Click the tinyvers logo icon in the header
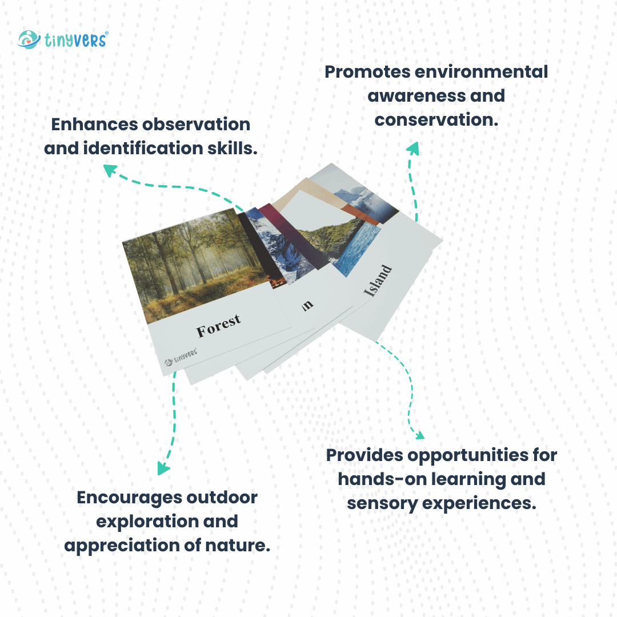(x=29, y=39)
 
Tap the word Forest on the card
(x=219, y=326)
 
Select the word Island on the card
(x=378, y=281)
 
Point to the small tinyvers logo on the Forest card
(x=181, y=356)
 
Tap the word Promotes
(x=367, y=72)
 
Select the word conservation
(x=436, y=119)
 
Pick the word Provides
(x=364, y=455)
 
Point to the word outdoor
(x=222, y=498)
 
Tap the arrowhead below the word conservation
(x=413, y=149)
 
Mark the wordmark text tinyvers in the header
(x=75, y=40)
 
